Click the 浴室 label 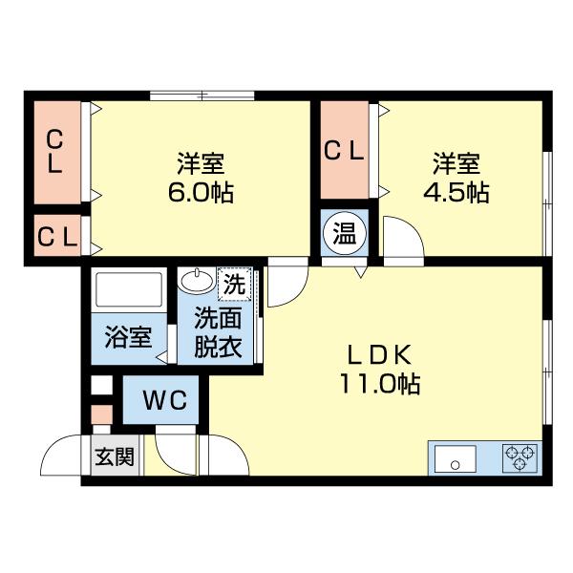click(128, 337)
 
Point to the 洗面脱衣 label click(218, 332)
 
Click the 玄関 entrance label click(114, 457)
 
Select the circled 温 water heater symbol click(343, 233)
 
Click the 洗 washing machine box click(234, 283)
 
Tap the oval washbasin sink click(198, 282)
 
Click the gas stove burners click(521, 457)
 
